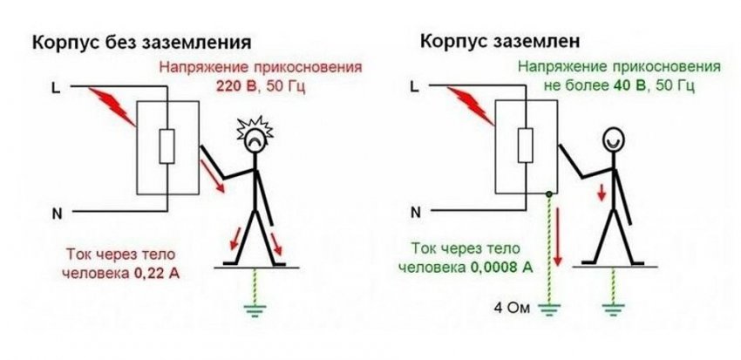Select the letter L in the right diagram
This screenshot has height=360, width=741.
(x=414, y=87)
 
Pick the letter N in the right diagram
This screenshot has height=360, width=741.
(x=414, y=212)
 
